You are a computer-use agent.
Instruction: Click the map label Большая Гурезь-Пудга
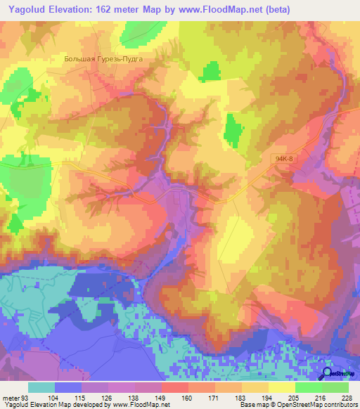pos(103,60)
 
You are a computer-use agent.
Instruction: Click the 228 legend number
pos(347,398)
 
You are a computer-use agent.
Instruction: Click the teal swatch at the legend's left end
pos(41,387)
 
